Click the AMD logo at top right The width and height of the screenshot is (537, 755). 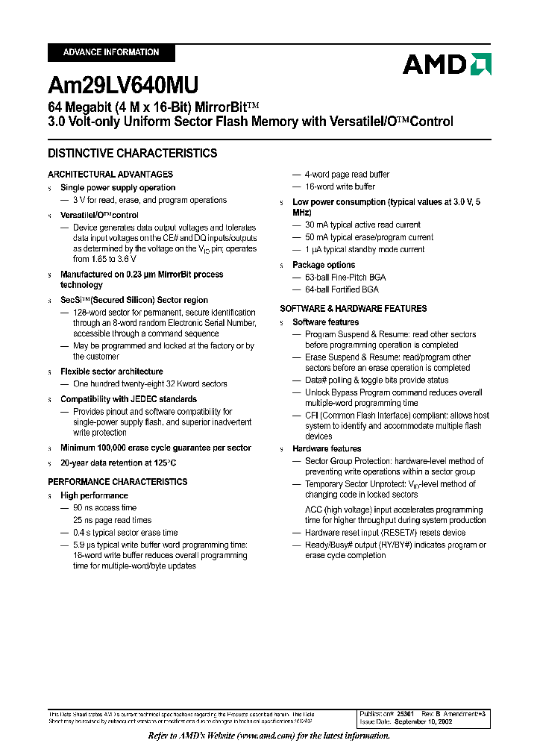click(x=446, y=64)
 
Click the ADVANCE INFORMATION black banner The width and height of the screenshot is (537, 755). click(x=111, y=52)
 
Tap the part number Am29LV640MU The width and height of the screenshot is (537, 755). click(x=123, y=85)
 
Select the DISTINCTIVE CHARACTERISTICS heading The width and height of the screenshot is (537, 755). click(x=133, y=154)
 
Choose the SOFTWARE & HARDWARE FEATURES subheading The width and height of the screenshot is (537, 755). click(x=353, y=309)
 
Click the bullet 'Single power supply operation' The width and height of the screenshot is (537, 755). click(x=118, y=188)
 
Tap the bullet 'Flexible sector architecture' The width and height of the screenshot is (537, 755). click(x=111, y=372)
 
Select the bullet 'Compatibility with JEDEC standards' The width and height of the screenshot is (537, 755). click(x=128, y=399)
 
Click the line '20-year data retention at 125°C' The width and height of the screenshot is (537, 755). click(x=119, y=463)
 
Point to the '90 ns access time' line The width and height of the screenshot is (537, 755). click(x=104, y=507)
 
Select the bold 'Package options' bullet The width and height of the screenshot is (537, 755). click(x=324, y=265)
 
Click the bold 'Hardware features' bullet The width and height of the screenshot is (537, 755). click(x=327, y=449)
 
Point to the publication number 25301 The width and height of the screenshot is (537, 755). click(x=405, y=714)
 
